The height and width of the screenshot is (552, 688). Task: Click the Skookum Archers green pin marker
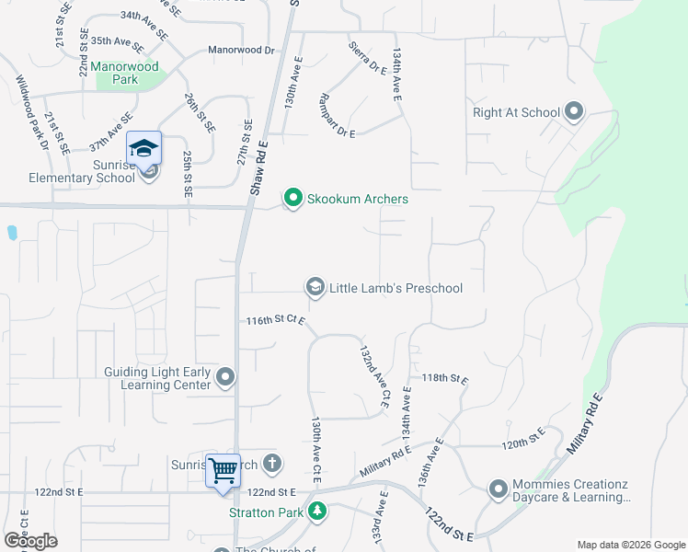293,198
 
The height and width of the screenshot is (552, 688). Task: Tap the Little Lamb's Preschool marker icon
315,288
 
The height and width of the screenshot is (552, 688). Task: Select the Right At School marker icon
575,112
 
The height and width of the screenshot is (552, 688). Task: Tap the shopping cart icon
223,471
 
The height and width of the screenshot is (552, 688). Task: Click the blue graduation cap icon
144,147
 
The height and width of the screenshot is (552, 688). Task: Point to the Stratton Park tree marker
317,510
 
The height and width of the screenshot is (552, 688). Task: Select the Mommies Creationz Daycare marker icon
498,489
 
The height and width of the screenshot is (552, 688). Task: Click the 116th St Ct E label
274,320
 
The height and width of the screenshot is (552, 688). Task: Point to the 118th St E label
446,378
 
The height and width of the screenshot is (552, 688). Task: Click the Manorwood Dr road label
242,50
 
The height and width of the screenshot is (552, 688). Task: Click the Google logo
30,541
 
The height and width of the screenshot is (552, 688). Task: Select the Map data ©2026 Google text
630,545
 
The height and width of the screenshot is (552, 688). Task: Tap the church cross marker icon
270,465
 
